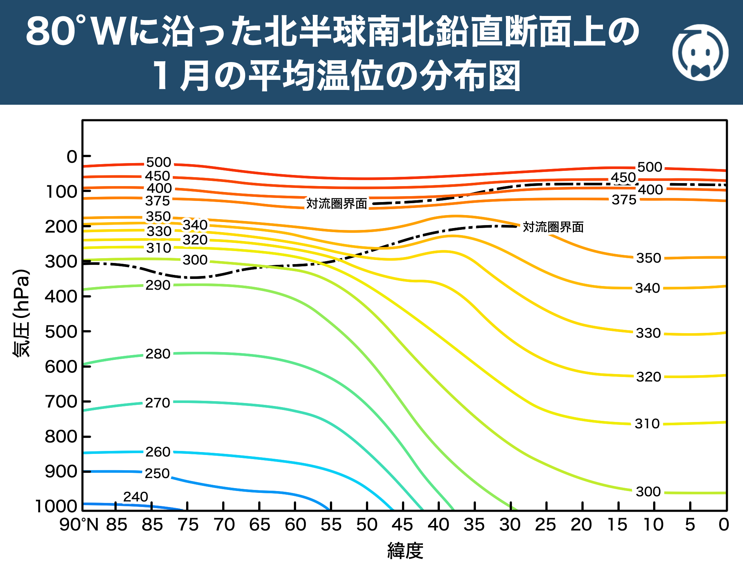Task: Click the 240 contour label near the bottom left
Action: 136,497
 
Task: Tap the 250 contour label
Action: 157,474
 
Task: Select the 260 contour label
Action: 158,452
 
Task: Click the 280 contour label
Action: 158,354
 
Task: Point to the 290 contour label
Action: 158,285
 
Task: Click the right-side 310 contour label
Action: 647,424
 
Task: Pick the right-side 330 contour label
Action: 648,333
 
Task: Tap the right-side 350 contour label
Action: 648,258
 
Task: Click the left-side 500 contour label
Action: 159,162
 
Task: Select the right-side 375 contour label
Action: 624,200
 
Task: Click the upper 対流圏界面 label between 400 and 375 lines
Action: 337,204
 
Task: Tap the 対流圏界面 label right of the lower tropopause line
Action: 553,227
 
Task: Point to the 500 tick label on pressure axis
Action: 61,332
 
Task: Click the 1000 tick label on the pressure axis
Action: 56,506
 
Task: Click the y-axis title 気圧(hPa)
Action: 22,313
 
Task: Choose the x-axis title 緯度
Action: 405,551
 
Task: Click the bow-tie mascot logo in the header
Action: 700,53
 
